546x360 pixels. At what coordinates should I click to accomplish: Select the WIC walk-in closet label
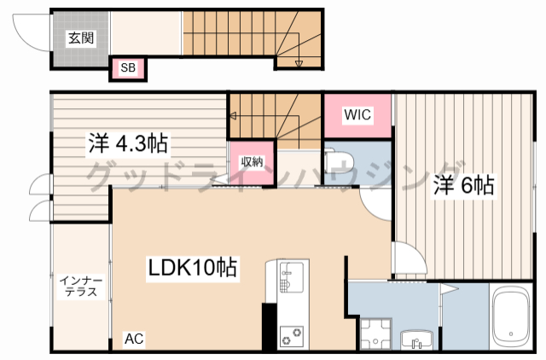point(357,115)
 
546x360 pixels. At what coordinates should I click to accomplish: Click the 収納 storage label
point(250,160)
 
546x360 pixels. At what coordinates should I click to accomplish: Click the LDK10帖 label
point(188,269)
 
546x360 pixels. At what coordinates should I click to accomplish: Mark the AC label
point(134,339)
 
